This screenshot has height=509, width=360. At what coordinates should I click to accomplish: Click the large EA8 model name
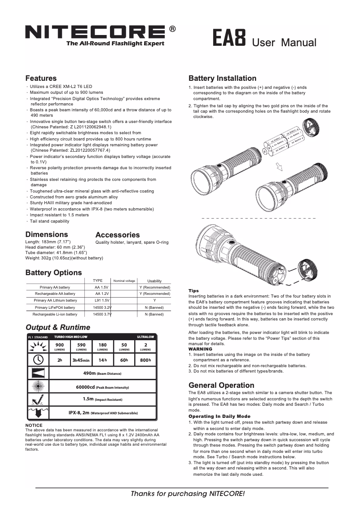point(229,39)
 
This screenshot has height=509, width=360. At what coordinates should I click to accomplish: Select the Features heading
point(41,78)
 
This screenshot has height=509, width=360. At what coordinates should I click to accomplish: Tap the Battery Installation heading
point(222,78)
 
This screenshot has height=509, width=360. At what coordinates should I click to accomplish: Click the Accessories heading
point(118,235)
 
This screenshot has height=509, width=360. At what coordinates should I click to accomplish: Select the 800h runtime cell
point(145,360)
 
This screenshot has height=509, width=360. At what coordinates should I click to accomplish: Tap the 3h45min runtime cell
point(81,360)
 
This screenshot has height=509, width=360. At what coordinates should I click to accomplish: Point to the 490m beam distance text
point(102,373)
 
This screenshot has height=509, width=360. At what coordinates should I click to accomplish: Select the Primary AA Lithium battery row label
point(55,300)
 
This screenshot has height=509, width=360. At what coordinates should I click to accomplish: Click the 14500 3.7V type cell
point(101,314)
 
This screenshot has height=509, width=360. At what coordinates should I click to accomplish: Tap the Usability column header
point(154,281)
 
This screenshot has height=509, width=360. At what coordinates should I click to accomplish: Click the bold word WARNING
point(200,349)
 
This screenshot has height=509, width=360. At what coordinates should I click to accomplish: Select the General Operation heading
point(221,385)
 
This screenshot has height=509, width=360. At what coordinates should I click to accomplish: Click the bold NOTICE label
point(34,425)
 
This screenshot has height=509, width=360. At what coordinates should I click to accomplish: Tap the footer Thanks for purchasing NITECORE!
point(188,494)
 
